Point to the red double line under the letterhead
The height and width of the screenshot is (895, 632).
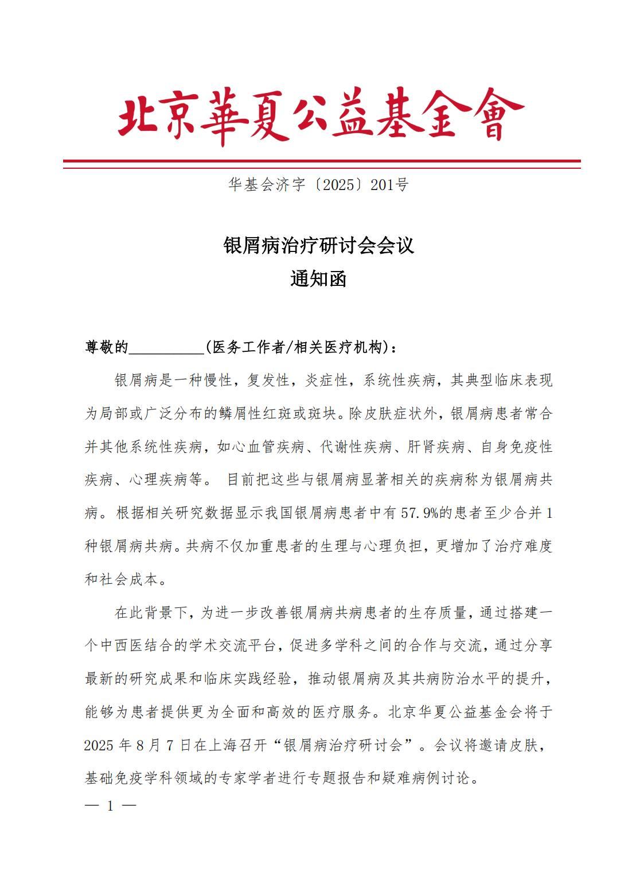pyautogui.click(x=321, y=164)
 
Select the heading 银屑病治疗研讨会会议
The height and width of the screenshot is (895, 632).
pyautogui.click(x=318, y=246)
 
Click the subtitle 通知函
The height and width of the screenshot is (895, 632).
pyautogui.click(x=318, y=279)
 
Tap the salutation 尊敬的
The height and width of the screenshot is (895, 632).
pyautogui.click(x=107, y=347)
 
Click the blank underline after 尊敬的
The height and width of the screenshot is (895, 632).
pyautogui.click(x=167, y=348)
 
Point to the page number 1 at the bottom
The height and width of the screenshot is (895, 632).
pyautogui.click(x=110, y=805)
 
